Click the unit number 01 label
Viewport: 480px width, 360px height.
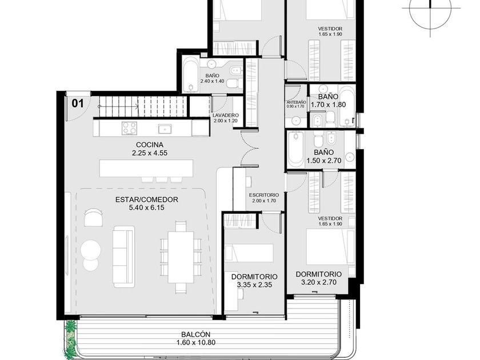78,103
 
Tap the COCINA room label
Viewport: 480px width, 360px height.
150,145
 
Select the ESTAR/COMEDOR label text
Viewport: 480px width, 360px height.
147,199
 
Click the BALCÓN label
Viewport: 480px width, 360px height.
196,335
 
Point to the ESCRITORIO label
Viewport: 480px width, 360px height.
264,195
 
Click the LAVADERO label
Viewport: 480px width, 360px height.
226,115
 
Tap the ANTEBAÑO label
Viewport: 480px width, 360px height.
296,102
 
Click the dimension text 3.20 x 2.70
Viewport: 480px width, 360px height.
319,282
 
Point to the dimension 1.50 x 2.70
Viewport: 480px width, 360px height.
324,161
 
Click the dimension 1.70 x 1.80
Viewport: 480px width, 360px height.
328,105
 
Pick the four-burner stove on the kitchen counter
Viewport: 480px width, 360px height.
129,128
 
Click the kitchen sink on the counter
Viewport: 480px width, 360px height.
165,129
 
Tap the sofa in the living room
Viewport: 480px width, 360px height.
123,257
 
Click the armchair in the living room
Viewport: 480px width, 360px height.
93,217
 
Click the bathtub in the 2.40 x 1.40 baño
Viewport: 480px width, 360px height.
191,75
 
